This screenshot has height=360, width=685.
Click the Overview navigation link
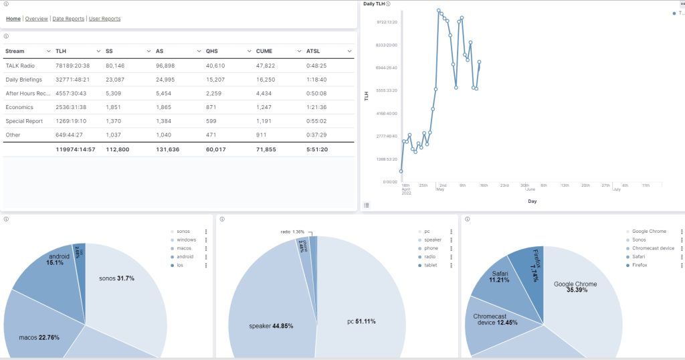coord(36,19)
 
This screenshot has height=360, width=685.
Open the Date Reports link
coord(68,19)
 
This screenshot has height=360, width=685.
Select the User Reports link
coord(104,19)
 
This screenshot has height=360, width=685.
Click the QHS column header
coord(212,51)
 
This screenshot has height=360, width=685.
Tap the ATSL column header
coord(313,51)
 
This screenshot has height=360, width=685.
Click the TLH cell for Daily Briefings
coord(72,80)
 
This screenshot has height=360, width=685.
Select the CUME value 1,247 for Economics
coord(264,107)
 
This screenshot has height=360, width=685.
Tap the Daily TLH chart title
coord(374,4)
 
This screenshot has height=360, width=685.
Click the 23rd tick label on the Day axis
coord(504,185)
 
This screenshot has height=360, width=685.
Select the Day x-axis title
coord(532,201)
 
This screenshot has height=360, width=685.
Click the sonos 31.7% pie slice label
coord(116,278)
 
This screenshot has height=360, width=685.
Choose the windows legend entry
coord(186,240)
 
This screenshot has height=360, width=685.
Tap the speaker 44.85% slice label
coord(270,326)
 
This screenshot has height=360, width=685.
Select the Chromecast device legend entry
coord(653,248)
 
